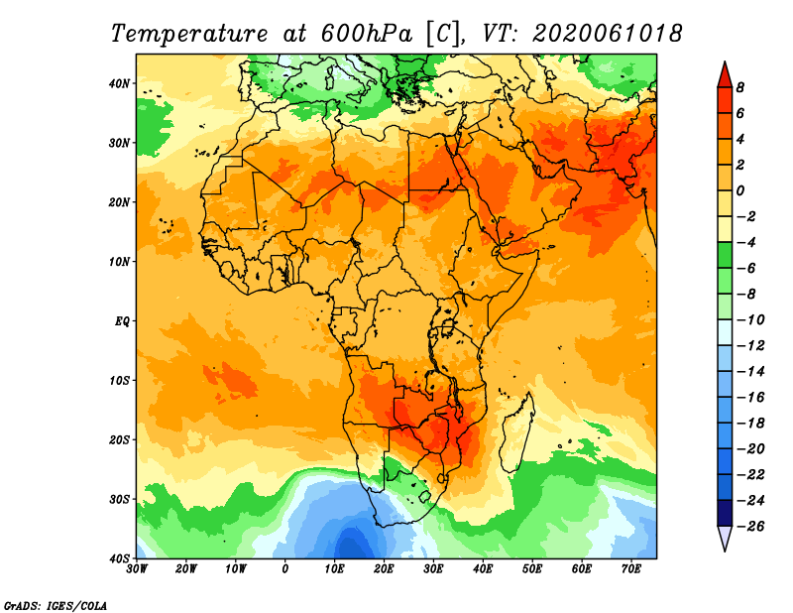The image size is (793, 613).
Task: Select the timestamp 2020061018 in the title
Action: tap(607, 33)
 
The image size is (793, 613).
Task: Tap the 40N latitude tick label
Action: tap(119, 83)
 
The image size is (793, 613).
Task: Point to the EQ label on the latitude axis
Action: tap(122, 321)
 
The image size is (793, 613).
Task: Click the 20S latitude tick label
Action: tap(119, 439)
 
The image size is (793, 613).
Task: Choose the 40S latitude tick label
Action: tap(119, 557)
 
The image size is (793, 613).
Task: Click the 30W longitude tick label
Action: tap(137, 569)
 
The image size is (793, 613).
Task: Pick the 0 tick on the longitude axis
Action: tap(285, 569)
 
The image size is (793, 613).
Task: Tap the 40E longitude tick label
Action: tap(483, 569)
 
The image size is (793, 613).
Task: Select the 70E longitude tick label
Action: tap(631, 569)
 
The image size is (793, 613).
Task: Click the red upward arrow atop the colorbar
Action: tap(725, 73)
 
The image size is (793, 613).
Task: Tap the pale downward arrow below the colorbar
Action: tap(725, 539)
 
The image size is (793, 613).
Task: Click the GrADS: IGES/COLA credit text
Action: tap(56, 604)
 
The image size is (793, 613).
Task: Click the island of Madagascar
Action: tap(515, 432)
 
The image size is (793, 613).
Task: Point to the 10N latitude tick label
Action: tap(119, 262)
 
